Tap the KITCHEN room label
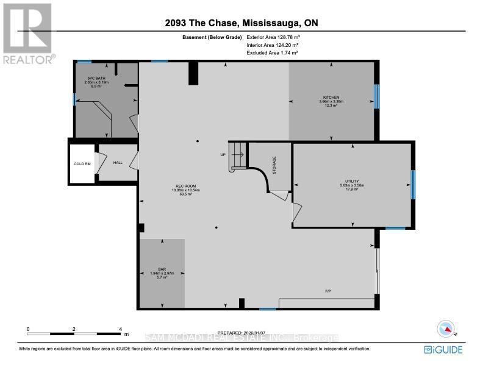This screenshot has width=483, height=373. point(331,97)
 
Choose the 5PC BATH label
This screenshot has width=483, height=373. point(92,78)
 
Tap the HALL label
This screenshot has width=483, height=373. point(118,163)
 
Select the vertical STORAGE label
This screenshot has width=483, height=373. point(274,166)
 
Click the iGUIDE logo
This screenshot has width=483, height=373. point(443,350)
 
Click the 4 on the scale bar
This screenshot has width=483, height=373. point(121,329)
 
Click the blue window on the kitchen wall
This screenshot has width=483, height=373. point(376,95)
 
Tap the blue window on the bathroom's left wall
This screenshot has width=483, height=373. point(74,99)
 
